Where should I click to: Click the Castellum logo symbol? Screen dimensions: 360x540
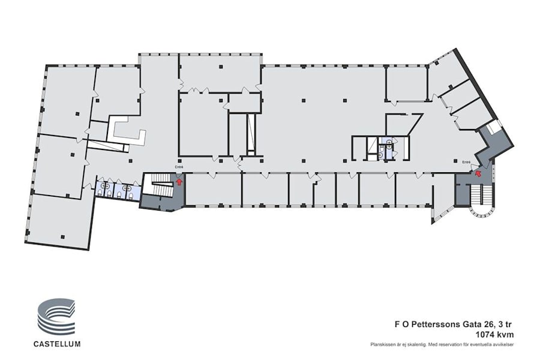coord(57,319)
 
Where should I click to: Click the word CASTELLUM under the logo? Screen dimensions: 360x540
coord(58,344)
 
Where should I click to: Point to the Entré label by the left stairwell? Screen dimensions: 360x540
coord(178,166)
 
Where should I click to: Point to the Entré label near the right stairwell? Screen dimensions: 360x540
coord(466,161)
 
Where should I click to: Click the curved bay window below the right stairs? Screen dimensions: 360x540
coord(482,212)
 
